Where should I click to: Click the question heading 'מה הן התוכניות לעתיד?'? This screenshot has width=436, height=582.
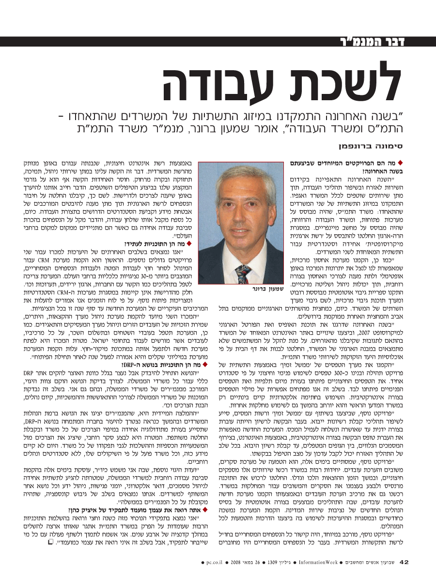point(155,243)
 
